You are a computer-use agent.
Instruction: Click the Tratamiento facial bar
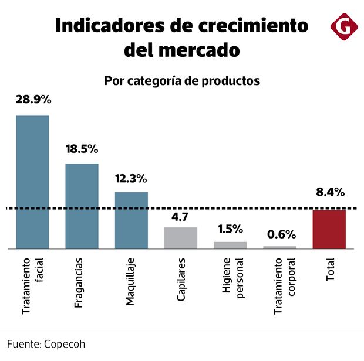[32, 182]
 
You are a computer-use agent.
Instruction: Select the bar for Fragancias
[82, 206]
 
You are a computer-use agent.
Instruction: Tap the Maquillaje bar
[131, 220]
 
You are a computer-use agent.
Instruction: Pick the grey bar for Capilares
[181, 238]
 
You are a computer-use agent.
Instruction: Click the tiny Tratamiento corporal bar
[279, 248]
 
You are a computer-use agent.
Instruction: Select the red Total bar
[329, 229]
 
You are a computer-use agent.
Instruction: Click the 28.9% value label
[33, 100]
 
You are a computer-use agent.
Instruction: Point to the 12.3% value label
[131, 178]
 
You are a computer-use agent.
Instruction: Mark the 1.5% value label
[230, 229]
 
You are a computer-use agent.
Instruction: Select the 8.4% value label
[329, 192]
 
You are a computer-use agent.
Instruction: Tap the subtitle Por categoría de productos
[181, 81]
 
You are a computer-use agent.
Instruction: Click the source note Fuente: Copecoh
[46, 344]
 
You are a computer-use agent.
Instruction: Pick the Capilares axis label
[181, 279]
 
